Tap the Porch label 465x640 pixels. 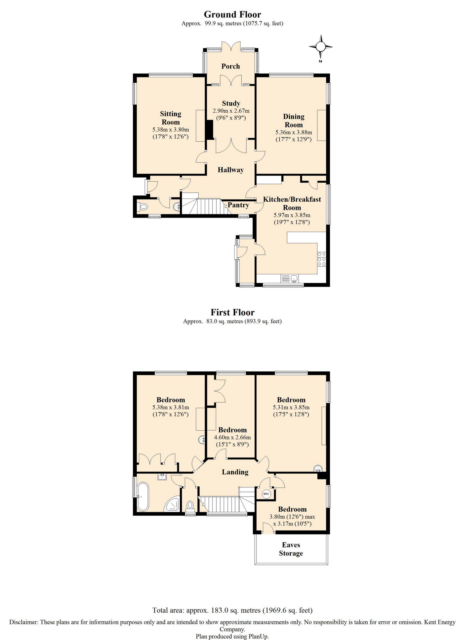click(x=231, y=66)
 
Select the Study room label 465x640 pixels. click(x=231, y=103)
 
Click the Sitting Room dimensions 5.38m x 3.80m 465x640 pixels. click(x=170, y=130)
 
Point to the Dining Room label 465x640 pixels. click(x=294, y=120)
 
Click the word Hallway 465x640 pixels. click(x=231, y=170)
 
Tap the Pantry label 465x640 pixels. click(x=238, y=205)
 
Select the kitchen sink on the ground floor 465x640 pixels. click(x=290, y=279)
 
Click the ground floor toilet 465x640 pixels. click(x=141, y=207)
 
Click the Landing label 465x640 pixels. click(x=235, y=472)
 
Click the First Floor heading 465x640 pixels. click(x=232, y=312)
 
